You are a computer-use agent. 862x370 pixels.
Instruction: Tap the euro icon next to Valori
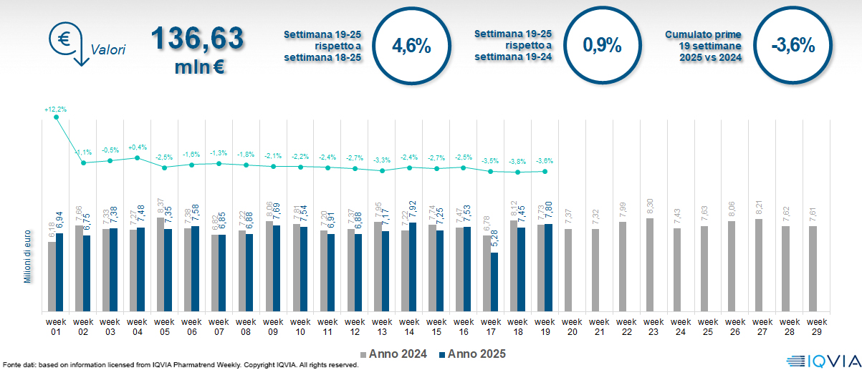click(64, 39)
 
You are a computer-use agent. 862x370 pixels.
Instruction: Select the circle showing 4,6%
click(411, 47)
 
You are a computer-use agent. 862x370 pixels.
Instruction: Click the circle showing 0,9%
click(601, 47)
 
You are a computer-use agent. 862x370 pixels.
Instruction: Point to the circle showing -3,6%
click(792, 47)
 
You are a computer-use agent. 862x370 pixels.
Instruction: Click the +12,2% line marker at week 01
click(56, 117)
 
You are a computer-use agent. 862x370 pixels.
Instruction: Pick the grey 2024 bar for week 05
click(161, 265)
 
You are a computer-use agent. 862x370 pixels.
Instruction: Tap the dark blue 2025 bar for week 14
click(413, 267)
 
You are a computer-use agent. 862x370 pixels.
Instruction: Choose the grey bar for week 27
click(758, 266)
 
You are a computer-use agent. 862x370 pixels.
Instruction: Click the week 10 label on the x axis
click(300, 326)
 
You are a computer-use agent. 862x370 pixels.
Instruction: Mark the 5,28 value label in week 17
click(494, 239)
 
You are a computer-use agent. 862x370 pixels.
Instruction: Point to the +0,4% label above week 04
click(138, 148)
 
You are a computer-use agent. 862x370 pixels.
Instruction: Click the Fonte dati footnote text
click(179, 365)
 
